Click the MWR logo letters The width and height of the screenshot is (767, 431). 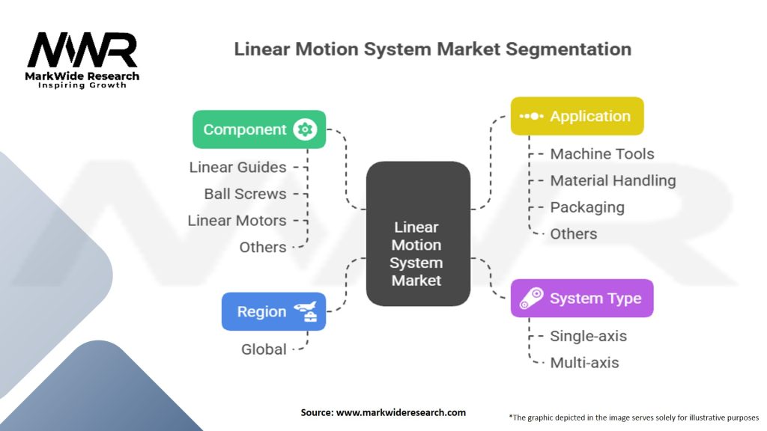pyautogui.click(x=82, y=50)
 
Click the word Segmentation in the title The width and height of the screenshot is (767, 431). pyautogui.click(x=569, y=49)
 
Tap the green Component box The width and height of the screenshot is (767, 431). pyautogui.click(x=259, y=129)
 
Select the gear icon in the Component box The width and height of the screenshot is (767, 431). pyautogui.click(x=305, y=129)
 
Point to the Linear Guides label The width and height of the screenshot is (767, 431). pyautogui.click(x=237, y=167)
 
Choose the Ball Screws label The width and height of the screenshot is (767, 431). pyautogui.click(x=245, y=194)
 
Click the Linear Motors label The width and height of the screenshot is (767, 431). pyautogui.click(x=237, y=221)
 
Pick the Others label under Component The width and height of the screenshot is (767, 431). pyautogui.click(x=263, y=247)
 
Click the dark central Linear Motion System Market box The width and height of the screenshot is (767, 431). pyautogui.click(x=418, y=234)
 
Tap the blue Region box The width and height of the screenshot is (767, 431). pyautogui.click(x=274, y=312)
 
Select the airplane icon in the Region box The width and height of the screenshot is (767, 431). pyautogui.click(x=306, y=312)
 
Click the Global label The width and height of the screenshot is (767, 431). pyautogui.click(x=264, y=349)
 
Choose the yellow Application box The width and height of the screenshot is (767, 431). pyautogui.click(x=577, y=116)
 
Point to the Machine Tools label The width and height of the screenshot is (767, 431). pyautogui.click(x=602, y=154)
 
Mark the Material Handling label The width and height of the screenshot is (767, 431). pyautogui.click(x=613, y=181)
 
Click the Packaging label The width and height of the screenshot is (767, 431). pyautogui.click(x=587, y=208)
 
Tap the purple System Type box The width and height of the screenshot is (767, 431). pyautogui.click(x=582, y=299)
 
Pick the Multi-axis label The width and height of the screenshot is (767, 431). pyautogui.click(x=584, y=363)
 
